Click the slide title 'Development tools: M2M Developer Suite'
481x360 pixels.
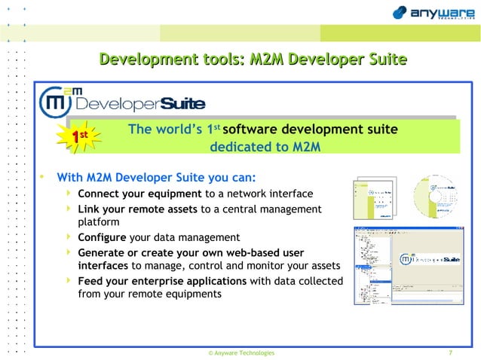point(253,59)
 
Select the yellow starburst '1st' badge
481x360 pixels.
point(84,136)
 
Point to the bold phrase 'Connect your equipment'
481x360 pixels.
point(139,194)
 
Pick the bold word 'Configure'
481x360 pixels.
point(102,237)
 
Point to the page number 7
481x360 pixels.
point(450,352)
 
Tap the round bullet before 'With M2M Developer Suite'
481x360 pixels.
point(43,178)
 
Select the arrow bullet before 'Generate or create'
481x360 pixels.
point(70,252)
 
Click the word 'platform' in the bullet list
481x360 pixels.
point(99,223)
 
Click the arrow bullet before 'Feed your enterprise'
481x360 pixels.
point(70,281)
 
